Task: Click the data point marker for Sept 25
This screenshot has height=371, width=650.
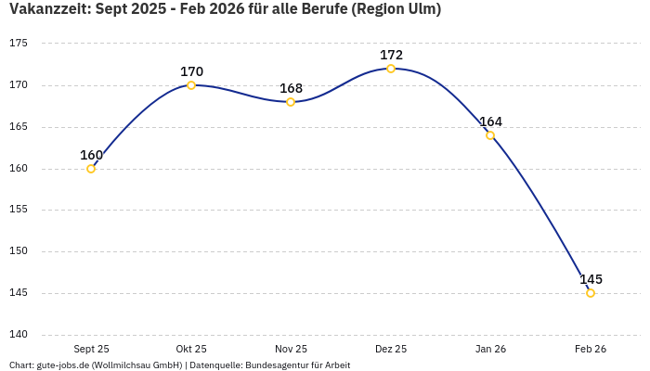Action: coord(91,169)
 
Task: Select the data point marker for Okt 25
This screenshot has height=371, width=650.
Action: coord(191,85)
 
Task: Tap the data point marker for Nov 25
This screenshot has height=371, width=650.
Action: coord(291,102)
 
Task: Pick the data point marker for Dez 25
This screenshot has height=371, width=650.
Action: coord(391,69)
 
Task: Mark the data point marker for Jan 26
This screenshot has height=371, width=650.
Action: coord(490,135)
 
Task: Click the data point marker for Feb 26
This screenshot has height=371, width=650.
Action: coord(591,293)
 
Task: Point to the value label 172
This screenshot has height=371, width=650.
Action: coord(391,55)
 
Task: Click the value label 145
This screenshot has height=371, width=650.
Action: coord(591,279)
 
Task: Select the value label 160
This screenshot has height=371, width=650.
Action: coord(91,155)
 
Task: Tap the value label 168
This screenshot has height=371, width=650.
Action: coord(291,88)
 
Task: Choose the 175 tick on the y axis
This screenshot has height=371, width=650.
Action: coord(19,44)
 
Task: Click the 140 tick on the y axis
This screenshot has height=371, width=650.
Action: coord(19,335)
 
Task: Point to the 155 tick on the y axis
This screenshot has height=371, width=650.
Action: coord(19,210)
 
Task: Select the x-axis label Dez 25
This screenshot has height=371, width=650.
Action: coord(391,349)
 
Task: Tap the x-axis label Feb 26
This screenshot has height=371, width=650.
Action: coord(591,349)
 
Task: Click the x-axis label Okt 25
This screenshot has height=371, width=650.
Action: coord(191,349)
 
